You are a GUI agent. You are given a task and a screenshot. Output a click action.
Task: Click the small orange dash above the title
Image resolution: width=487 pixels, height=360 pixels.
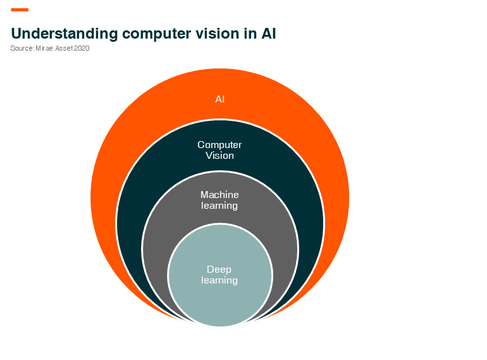pos(20,9)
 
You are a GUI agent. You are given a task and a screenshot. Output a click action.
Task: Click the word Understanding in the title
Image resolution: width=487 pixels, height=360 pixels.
pos(65,34)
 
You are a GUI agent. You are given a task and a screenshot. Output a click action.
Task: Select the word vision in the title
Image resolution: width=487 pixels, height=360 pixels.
pos(218,34)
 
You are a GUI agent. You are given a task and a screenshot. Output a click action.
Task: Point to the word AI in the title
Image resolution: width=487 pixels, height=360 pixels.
pos(269,34)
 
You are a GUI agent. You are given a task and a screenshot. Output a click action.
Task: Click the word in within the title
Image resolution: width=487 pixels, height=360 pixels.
pos(250,34)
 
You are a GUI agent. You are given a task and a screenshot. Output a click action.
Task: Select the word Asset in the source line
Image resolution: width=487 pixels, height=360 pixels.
pos(64,48)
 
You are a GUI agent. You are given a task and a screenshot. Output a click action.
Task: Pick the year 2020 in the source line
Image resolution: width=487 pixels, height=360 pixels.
pos(82,48)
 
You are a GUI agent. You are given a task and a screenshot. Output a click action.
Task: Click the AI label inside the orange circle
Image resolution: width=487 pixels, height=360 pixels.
pos(220,99)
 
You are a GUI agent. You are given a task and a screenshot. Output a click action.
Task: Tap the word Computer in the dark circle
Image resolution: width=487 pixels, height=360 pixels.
pos(219,145)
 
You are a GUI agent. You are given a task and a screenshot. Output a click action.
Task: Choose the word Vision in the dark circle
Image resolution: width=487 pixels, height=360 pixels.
pos(219,155)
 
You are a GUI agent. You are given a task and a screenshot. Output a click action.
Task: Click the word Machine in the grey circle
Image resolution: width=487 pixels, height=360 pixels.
pos(219,194)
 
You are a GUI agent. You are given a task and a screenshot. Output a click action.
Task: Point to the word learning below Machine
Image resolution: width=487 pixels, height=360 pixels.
pos(219,206)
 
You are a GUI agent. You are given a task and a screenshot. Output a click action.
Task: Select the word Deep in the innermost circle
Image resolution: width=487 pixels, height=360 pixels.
pos(219,270)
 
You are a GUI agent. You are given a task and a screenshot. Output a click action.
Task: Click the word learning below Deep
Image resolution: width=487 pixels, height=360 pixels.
pos(219,280)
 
